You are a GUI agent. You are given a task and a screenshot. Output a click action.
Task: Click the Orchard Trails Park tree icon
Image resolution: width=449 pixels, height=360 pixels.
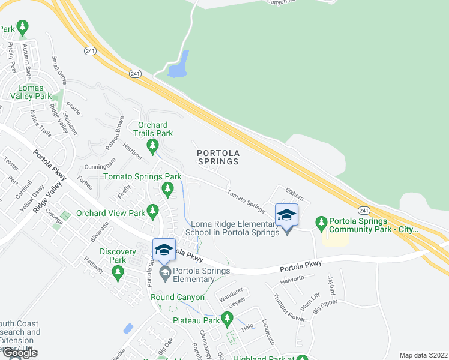153,145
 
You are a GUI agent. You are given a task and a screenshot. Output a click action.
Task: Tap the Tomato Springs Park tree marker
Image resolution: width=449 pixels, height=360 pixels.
167,190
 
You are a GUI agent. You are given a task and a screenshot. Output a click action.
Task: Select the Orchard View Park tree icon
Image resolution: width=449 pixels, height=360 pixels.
153,212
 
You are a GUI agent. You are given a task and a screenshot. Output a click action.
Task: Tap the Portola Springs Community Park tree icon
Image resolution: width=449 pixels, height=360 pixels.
322,224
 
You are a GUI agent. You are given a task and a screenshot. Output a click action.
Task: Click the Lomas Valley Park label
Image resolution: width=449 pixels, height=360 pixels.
35,92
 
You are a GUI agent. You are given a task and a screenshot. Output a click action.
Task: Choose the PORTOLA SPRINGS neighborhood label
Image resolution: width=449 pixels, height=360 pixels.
218,157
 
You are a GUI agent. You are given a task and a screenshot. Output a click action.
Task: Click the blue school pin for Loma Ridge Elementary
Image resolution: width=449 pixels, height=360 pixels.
286,215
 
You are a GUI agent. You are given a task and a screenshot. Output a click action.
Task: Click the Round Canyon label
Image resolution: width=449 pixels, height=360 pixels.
178,298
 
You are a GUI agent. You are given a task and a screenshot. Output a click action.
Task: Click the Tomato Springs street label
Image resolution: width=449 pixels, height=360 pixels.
246,201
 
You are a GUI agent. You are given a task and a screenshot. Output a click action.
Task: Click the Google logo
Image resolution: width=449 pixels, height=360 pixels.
19,353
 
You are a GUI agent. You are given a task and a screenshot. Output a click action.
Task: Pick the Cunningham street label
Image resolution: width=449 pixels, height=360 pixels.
100,164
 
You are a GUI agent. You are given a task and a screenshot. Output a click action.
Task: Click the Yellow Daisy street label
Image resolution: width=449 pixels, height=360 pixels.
34,199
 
